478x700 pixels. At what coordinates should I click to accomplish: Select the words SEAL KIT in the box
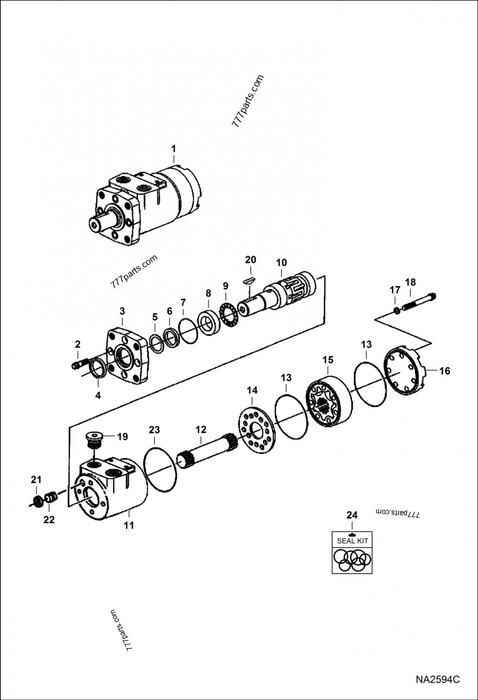[x=353, y=541]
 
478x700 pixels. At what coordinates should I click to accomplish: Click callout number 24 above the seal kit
[x=352, y=515]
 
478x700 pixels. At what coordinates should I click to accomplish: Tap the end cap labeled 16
[x=406, y=371]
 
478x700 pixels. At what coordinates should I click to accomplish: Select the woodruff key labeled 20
[x=250, y=279]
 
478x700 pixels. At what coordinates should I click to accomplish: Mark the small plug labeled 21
[x=36, y=499]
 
